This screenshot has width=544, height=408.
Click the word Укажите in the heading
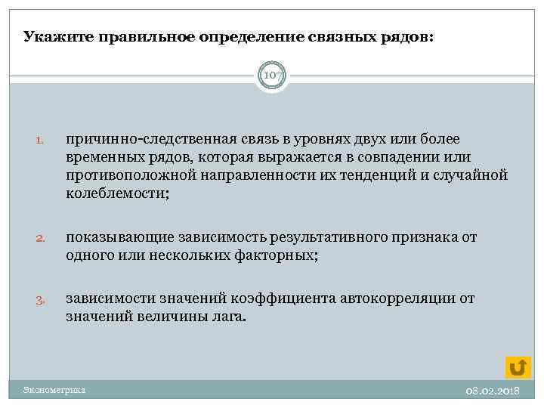tap(51, 36)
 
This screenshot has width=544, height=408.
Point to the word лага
tap(230, 317)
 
